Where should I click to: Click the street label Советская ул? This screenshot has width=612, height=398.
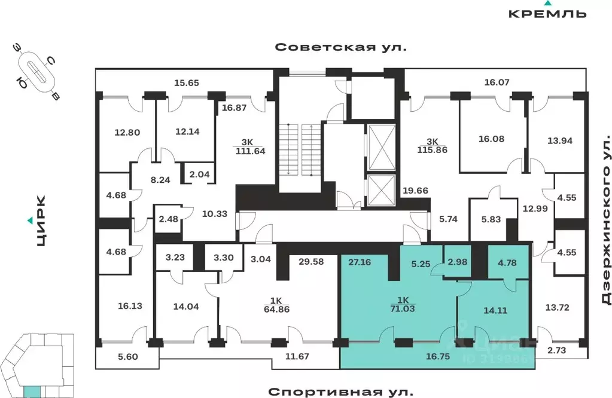tap(340, 47)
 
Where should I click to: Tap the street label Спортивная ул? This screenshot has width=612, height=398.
tap(340, 391)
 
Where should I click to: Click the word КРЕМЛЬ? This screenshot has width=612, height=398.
tap(547, 13)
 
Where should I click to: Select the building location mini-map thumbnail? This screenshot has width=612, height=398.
tap(34, 365)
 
